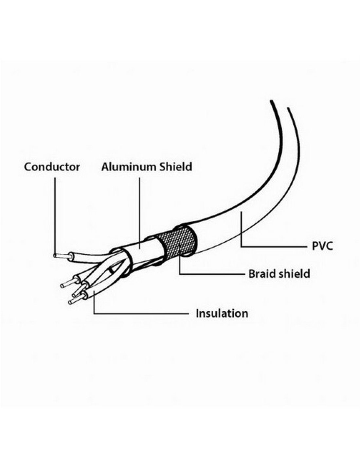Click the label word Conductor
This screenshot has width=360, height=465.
pyautogui.click(x=52, y=167)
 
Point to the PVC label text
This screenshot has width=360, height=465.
pyautogui.click(x=322, y=246)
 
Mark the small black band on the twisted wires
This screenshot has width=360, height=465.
pyautogui.click(x=111, y=271)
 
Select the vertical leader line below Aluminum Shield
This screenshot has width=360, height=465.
pyautogui.click(x=140, y=213)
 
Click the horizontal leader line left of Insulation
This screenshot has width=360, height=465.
pyautogui.click(x=141, y=314)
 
